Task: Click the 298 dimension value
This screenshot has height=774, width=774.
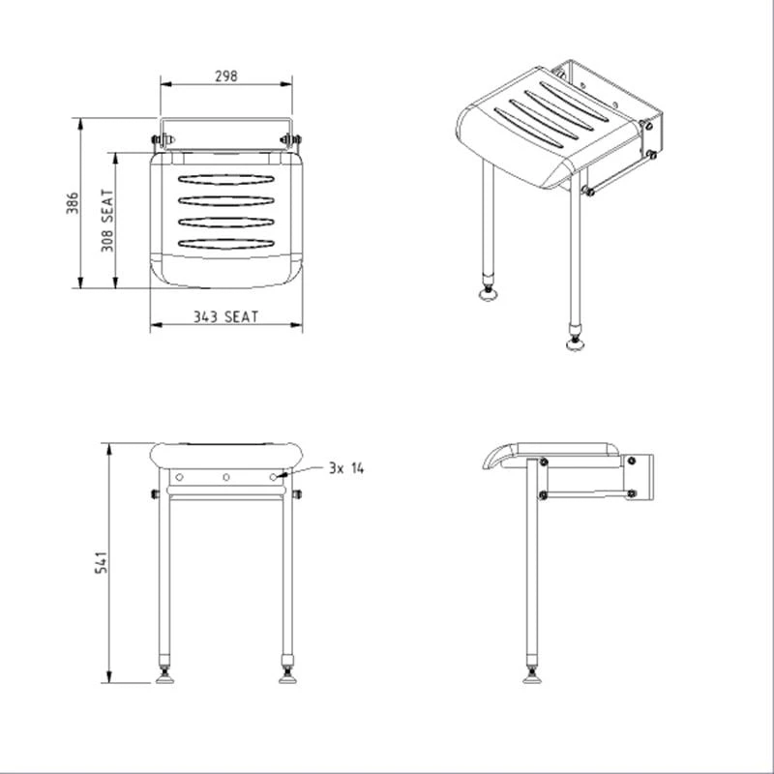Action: coord(225,75)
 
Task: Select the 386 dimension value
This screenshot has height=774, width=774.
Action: coord(72,203)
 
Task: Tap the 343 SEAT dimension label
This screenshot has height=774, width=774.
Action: coord(225,316)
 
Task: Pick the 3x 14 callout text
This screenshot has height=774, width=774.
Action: coord(345,468)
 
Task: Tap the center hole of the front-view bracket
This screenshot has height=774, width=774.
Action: coord(225,477)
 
